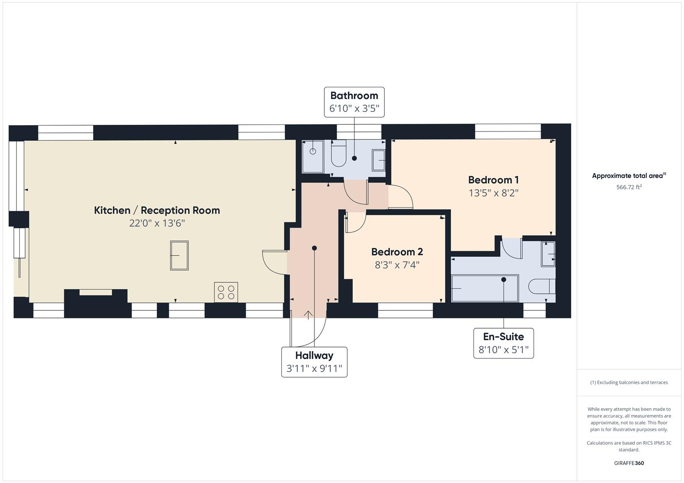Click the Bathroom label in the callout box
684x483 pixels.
(x=354, y=95)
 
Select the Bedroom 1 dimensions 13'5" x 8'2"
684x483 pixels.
(x=493, y=193)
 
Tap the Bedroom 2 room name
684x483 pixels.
(x=397, y=252)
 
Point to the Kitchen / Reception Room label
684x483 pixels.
(x=157, y=210)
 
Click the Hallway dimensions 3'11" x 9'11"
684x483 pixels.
(x=314, y=369)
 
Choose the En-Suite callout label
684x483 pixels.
(x=503, y=337)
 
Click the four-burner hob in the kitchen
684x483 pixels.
(x=226, y=292)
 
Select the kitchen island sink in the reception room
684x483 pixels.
(x=179, y=255)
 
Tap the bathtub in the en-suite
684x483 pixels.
(x=485, y=288)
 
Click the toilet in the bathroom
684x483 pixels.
(x=339, y=155)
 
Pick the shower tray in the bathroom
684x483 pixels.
(x=313, y=157)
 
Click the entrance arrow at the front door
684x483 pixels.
(x=308, y=314)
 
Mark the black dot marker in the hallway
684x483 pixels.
(x=314, y=248)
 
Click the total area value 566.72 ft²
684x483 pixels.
(x=628, y=187)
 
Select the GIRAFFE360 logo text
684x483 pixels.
(x=628, y=463)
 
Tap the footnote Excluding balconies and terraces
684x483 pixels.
(x=628, y=382)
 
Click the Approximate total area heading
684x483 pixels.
(x=628, y=176)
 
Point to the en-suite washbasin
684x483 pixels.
(x=548, y=254)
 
